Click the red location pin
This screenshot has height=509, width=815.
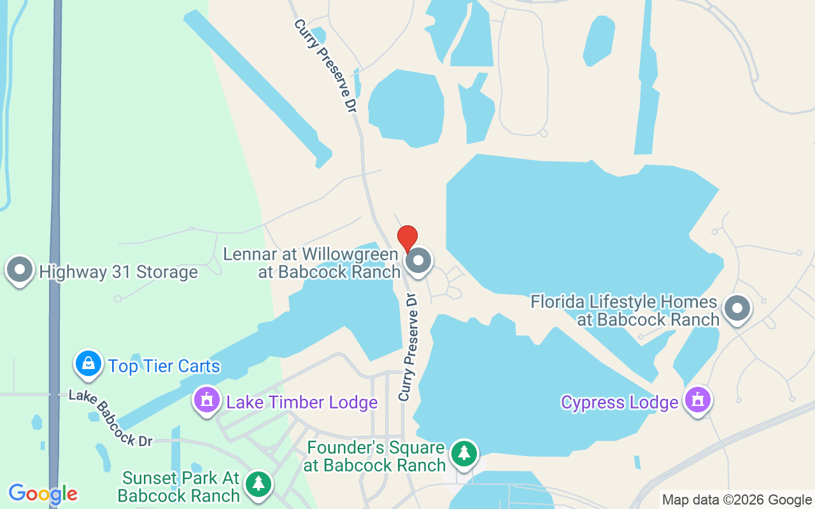click(x=407, y=239)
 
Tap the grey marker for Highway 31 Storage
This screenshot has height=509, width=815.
click(x=20, y=270)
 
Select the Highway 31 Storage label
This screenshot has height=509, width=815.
click(x=118, y=272)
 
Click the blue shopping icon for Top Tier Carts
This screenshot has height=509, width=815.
click(x=89, y=363)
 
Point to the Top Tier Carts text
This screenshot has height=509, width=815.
click(x=164, y=366)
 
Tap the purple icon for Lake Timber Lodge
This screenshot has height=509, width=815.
click(x=206, y=400)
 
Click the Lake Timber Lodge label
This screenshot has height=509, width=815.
click(x=302, y=402)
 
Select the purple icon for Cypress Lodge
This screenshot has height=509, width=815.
click(x=698, y=400)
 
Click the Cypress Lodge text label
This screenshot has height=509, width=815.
click(x=620, y=403)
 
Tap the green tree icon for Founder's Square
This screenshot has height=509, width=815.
click(x=465, y=454)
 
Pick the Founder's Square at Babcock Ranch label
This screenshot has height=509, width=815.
click(x=375, y=456)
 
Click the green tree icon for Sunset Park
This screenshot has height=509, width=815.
click(x=259, y=484)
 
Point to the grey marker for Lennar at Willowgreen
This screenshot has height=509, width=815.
click(x=419, y=260)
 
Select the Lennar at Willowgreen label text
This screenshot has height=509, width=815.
click(x=312, y=263)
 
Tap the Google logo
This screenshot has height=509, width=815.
click(x=43, y=494)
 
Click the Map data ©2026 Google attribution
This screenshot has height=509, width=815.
click(x=737, y=500)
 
